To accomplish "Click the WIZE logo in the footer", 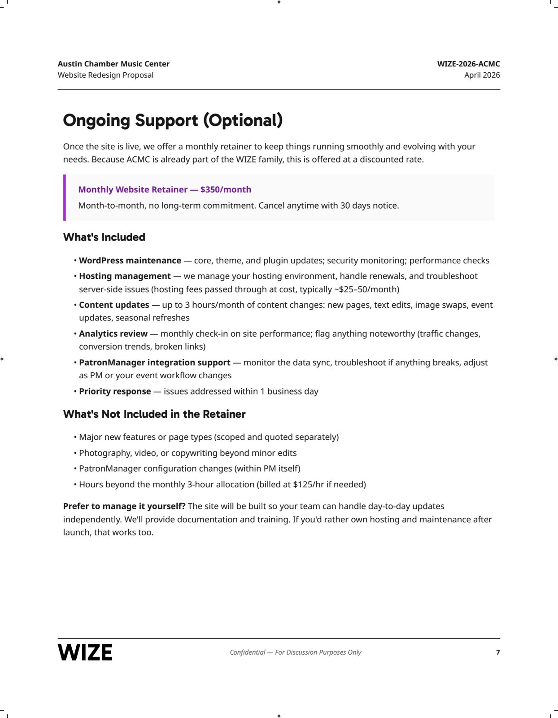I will [x=85, y=652].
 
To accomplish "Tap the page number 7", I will [x=498, y=652].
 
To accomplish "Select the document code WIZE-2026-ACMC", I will [x=468, y=64].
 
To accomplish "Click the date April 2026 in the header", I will [x=482, y=75].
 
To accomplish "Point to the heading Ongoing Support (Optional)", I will [x=173, y=120].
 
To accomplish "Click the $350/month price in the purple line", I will [x=226, y=189].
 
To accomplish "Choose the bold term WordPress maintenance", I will [x=130, y=261].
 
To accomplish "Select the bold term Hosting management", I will [x=125, y=276].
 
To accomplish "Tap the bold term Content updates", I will [x=114, y=305].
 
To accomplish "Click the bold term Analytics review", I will [x=113, y=333].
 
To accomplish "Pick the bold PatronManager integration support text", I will [x=154, y=363].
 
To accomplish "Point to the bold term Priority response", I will [x=115, y=391].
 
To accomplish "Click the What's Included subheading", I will [x=104, y=237].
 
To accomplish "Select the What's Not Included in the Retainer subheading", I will [x=154, y=414].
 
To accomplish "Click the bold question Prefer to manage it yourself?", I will [x=124, y=506].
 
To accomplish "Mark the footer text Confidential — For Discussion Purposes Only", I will [x=295, y=652].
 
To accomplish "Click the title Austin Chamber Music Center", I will [x=113, y=64].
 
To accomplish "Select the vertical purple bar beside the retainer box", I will [x=65, y=197].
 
